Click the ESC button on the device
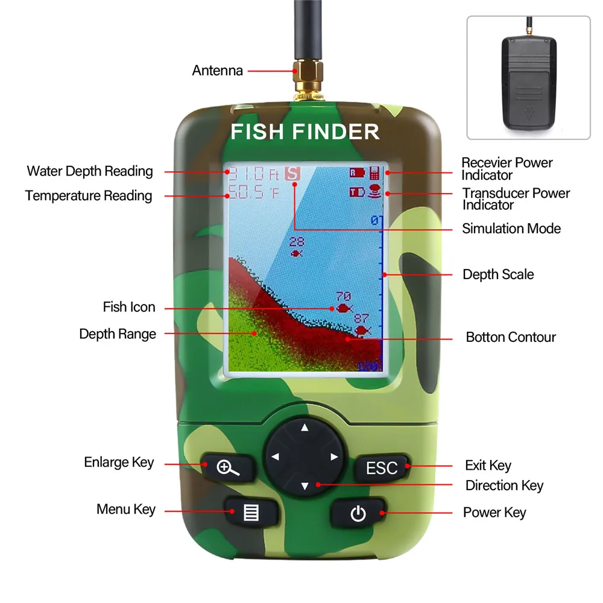[x=382, y=467]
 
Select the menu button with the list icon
[x=251, y=513]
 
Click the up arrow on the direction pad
[x=305, y=428]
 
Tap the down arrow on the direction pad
[x=305, y=485]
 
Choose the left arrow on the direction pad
[x=276, y=457]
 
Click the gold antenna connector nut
[x=305, y=75]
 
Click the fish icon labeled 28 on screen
[x=295, y=253]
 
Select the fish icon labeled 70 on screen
[x=344, y=308]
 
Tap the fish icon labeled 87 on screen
[x=362, y=330]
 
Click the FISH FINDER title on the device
[x=305, y=131]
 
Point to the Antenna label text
[x=217, y=71]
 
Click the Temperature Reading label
[x=89, y=196]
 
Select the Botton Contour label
[x=511, y=337]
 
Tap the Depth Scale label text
[x=498, y=274]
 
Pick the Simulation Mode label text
[x=511, y=229]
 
